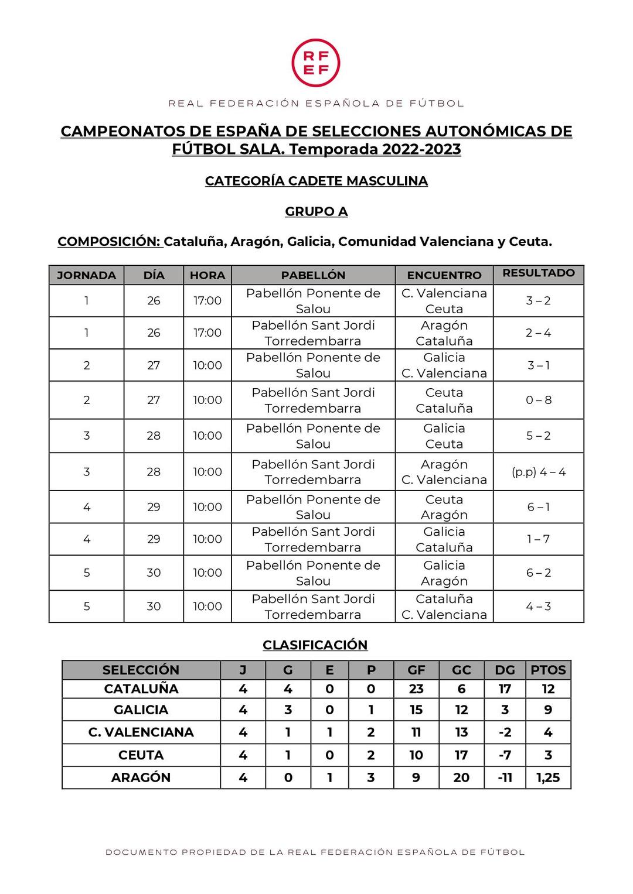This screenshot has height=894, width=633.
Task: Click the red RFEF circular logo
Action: [x=316, y=63]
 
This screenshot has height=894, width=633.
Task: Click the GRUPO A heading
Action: [x=316, y=211]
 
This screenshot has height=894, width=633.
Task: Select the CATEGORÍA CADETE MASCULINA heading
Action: [x=316, y=181]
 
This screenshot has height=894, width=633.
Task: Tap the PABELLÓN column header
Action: [x=313, y=275]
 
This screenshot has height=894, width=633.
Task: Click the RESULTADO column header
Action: [x=538, y=273]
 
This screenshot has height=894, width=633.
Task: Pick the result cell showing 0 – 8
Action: [x=538, y=400]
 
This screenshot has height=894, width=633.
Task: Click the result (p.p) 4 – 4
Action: [x=538, y=472]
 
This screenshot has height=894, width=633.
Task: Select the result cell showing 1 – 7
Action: [x=538, y=539]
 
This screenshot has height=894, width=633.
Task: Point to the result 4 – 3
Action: [x=538, y=607]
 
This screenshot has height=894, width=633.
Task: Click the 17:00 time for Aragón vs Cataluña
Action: [x=207, y=333]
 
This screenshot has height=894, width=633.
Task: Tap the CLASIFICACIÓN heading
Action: [x=315, y=645]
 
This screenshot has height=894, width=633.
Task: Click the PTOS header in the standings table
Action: [x=548, y=670]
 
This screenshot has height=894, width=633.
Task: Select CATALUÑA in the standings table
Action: [x=141, y=689]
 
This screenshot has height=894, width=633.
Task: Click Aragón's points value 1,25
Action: [x=548, y=777]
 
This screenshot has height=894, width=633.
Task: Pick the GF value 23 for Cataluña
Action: [x=416, y=689]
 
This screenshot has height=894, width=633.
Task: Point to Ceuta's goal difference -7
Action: [x=505, y=755]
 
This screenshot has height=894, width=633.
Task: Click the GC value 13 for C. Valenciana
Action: [x=461, y=732]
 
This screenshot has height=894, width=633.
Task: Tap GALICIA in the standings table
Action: [x=141, y=710]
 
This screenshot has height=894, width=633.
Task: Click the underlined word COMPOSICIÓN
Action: [x=109, y=242]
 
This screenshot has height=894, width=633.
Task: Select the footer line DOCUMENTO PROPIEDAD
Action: [x=315, y=852]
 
